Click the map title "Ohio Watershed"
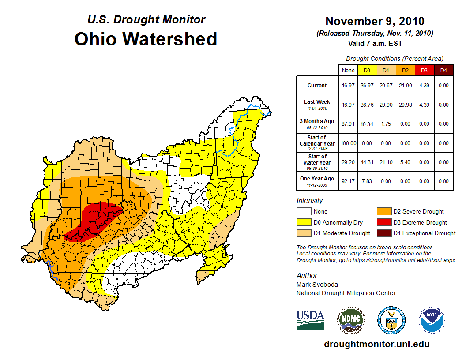coord(146,39)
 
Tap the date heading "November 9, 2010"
coord(375,21)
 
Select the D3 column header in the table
coord(424,70)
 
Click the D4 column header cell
coord(443,70)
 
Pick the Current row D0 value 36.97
coord(367,86)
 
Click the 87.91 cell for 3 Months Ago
coord(348,124)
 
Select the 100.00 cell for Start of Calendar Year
coord(348,143)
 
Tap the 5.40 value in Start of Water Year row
coord(405,162)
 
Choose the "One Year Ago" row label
coord(317,179)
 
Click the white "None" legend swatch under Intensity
coord(304,212)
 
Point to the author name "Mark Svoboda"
coord(317,285)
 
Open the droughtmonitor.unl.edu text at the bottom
coord(376,344)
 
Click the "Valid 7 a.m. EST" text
coord(375,43)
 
